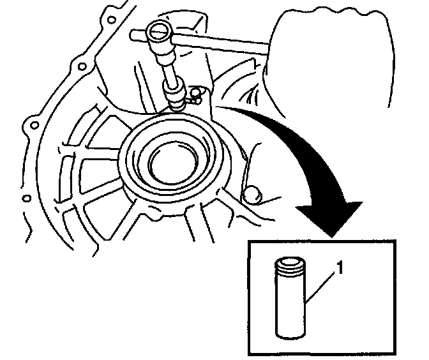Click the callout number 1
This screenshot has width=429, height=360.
pos(342,271)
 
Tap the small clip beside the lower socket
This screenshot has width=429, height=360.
pos(195,96)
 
